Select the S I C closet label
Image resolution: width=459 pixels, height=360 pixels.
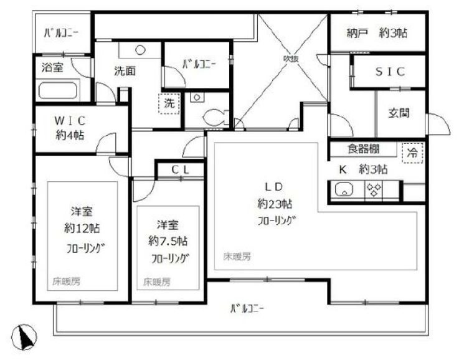click(x=390, y=72)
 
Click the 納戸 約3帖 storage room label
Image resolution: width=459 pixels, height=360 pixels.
click(x=377, y=34)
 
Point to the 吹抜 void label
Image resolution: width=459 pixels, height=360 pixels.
click(x=293, y=59)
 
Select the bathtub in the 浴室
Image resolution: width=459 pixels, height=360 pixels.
click(x=57, y=91)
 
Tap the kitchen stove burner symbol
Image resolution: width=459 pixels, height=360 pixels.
click(x=374, y=191)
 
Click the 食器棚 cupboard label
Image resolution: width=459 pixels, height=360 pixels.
click(x=362, y=149)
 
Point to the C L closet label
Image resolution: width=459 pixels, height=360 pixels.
click(x=179, y=169)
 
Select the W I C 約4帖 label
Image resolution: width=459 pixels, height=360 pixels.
click(x=70, y=128)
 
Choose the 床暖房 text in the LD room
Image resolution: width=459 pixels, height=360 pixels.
click(x=237, y=257)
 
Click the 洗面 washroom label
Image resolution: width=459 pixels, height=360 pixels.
click(x=125, y=71)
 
